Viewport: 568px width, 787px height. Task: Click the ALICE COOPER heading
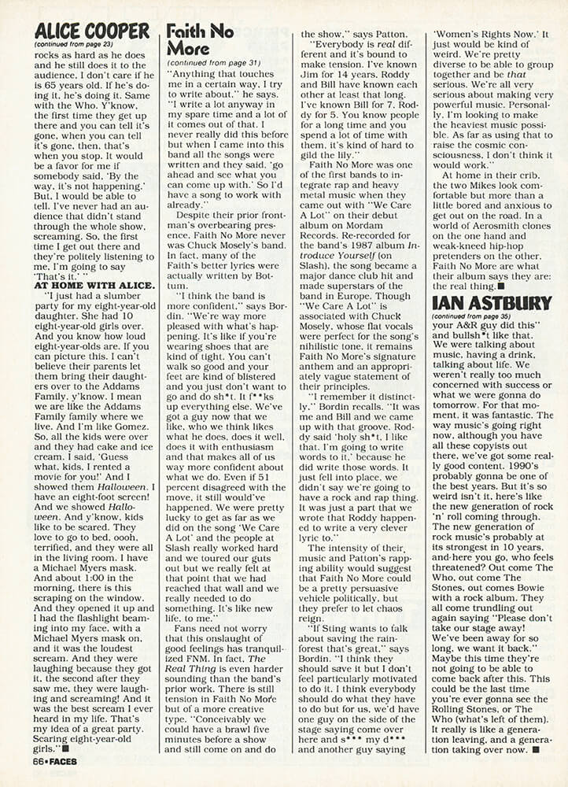click(x=91, y=31)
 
